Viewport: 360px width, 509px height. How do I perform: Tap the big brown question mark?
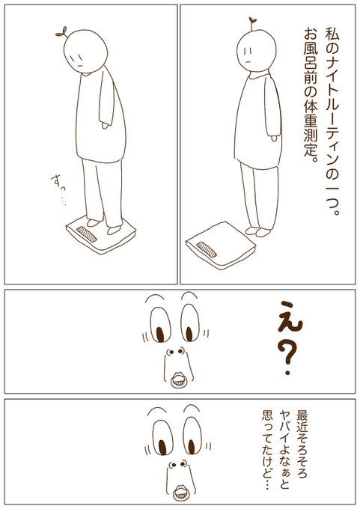pos(287,357)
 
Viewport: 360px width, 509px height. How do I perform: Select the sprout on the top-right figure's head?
pos(252,22)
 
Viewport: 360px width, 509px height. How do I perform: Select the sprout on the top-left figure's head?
pos(62,32)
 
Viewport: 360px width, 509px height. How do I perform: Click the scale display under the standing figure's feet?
pos(87,234)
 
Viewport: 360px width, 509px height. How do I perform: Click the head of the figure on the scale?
pos(85,52)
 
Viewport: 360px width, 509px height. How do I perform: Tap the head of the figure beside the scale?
pos(256,51)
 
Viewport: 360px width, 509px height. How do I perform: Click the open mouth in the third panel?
pos(178,380)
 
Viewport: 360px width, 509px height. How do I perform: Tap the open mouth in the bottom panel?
pos(180,494)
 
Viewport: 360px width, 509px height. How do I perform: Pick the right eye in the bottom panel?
pos(192,436)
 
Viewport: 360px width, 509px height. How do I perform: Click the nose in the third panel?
pos(175,351)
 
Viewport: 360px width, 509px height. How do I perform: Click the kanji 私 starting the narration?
pos(332,34)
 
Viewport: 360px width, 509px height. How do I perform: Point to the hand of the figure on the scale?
pos(105,125)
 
